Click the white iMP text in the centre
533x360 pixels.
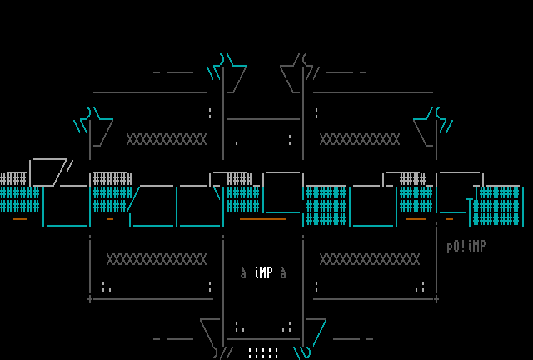coord(263,272)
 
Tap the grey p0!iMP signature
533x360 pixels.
coord(466,247)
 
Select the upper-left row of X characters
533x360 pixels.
coord(166,139)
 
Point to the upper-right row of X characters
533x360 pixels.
coord(359,139)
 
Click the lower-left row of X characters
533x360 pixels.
coord(156,259)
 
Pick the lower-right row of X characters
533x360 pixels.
coord(369,259)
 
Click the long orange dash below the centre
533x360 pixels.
coord(262,219)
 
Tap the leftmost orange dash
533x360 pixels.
coord(20,219)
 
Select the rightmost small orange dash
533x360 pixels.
coord(450,219)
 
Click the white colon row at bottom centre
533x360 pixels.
coord(263,353)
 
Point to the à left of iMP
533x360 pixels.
coord(243,272)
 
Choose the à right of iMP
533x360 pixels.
coord(283,272)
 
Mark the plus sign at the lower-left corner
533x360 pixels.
coord(90,298)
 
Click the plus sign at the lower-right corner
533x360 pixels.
coord(436,298)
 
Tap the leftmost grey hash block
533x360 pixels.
coord(13,178)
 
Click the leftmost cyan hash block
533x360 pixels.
coord(19,199)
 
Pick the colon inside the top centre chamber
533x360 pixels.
coord(290,139)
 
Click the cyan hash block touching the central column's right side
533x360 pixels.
coord(326,206)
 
